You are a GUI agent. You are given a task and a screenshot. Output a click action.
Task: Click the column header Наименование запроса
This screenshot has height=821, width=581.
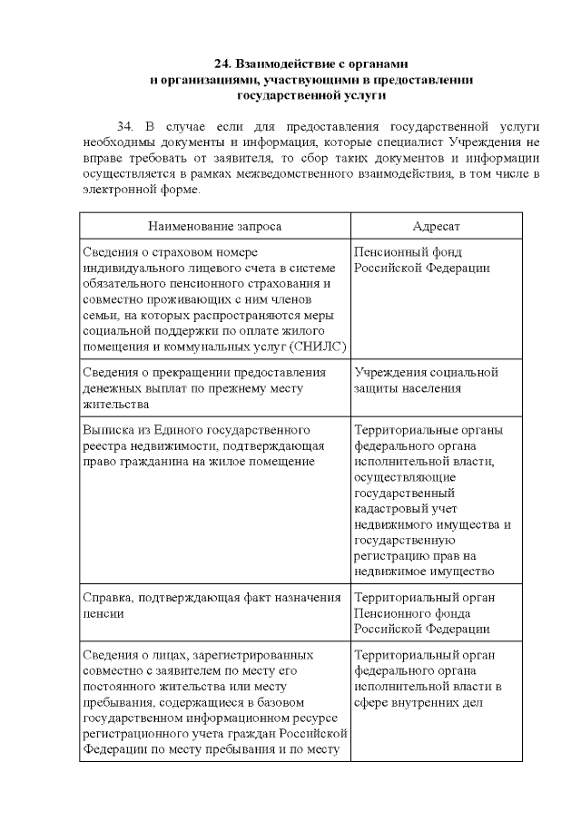click(x=214, y=225)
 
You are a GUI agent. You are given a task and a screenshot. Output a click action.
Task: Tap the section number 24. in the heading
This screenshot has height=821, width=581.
click(x=222, y=64)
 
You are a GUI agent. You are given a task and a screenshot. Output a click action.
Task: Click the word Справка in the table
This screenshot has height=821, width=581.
click(x=108, y=597)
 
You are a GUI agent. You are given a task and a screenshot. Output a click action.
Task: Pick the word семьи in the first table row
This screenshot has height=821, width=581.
click(x=100, y=314)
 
